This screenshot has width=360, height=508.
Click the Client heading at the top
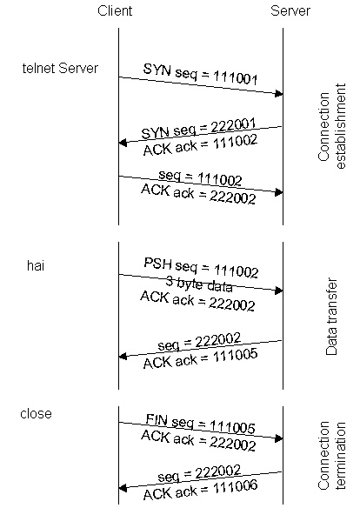point(115,10)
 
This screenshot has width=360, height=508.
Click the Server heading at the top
point(290,10)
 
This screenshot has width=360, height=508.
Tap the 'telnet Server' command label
point(60,69)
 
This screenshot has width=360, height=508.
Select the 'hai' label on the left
point(36,265)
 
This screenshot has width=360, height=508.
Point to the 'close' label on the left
point(36,414)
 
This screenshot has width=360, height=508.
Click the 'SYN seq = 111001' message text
point(200,74)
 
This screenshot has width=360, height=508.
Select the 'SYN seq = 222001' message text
point(198,128)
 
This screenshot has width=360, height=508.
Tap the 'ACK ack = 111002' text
point(200,145)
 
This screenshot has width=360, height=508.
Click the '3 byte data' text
point(199,284)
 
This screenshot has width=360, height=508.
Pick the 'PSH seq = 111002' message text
point(201,268)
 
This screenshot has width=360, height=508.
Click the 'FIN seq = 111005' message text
point(200,424)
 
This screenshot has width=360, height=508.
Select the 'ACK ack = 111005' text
point(200,358)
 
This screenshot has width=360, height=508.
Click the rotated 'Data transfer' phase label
point(331,317)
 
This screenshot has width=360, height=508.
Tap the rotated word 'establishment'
point(341,126)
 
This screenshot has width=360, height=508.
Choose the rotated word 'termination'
point(341,456)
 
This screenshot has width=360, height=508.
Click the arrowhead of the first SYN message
point(279,94)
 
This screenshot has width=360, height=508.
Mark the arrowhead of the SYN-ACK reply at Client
point(123,143)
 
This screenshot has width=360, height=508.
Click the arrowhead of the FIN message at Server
point(279,438)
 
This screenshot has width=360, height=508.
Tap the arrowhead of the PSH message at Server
point(279,291)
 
